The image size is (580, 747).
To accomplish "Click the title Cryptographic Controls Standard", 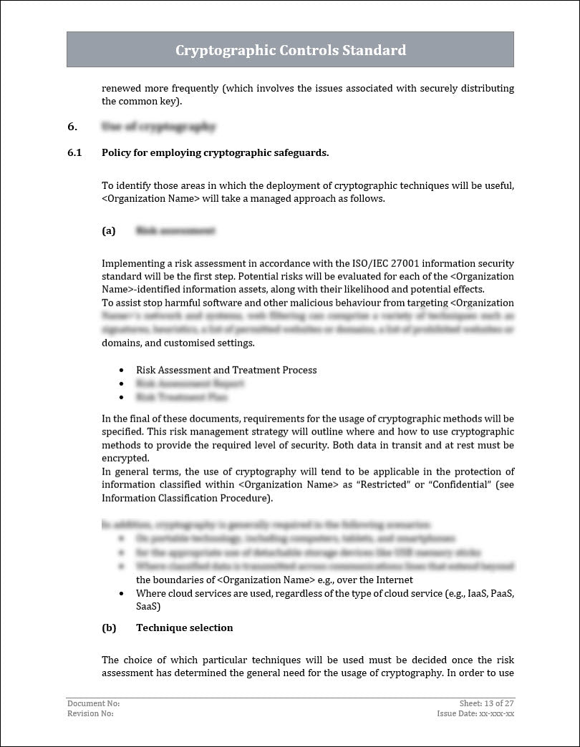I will click(x=290, y=50).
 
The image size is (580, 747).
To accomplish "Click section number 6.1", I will click(x=74, y=152).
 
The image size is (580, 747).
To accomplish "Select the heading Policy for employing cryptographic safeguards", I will click(x=215, y=152).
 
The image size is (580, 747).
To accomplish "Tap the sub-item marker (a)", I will click(x=108, y=231).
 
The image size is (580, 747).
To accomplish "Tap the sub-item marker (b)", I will click(x=109, y=628).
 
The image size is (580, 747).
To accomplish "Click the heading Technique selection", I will click(x=184, y=628).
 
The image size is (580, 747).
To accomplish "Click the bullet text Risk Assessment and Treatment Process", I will click(x=226, y=370).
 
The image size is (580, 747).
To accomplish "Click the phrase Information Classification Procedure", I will click(x=185, y=497).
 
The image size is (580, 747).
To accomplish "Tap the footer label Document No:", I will click(x=89, y=704).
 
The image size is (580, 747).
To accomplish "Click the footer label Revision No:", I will click(x=90, y=713).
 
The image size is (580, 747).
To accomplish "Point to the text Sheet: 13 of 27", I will click(x=486, y=704).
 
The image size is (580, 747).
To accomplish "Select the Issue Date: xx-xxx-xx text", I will click(x=475, y=713).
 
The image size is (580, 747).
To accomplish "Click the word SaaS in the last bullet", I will click(x=148, y=606).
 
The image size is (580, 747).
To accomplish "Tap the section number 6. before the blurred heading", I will click(x=72, y=127).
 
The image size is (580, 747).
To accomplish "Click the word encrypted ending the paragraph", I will click(x=125, y=458).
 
